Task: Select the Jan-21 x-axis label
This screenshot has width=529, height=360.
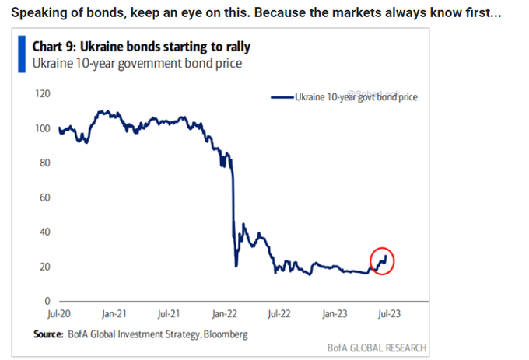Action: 114,315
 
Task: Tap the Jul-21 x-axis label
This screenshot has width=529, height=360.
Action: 170,315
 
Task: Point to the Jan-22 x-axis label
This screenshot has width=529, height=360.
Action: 226,315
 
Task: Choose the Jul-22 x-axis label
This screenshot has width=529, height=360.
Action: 280,315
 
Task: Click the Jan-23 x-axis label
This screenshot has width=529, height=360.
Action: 335,315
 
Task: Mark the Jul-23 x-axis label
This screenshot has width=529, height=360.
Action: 390,315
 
